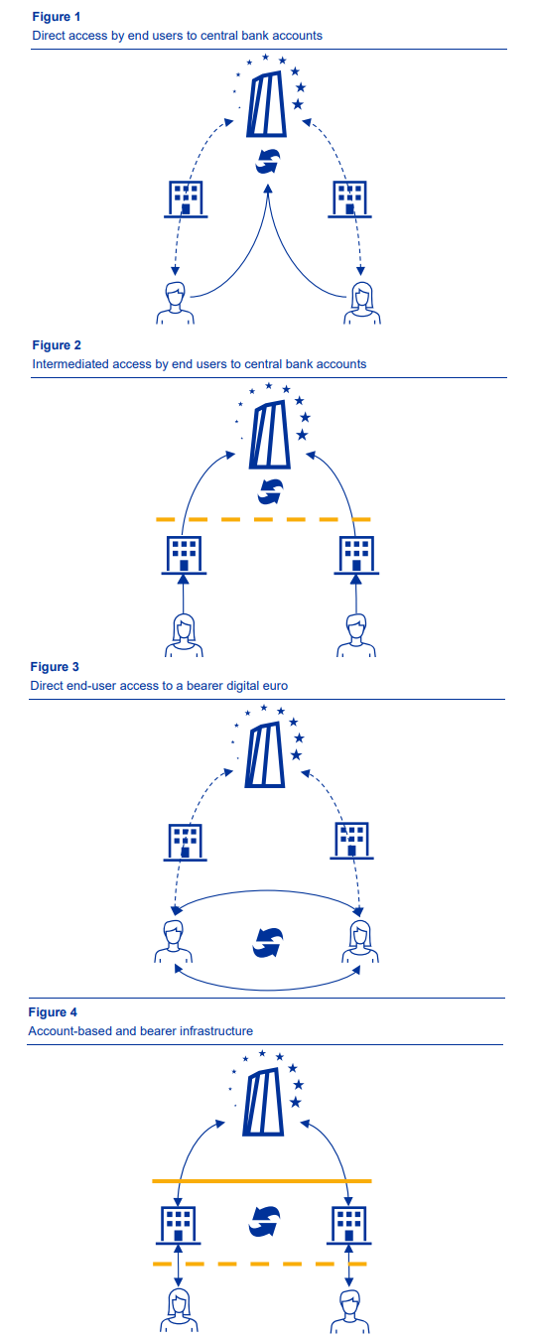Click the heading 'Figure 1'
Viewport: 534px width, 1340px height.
tap(56, 17)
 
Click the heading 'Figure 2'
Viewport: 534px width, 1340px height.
tap(56, 345)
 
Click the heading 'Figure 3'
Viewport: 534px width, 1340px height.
tap(55, 666)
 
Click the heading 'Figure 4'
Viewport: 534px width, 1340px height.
tap(53, 1012)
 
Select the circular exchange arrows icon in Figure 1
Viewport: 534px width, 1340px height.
tap(268, 161)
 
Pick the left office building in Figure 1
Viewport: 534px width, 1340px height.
tap(185, 200)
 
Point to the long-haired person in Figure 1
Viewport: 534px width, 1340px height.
tap(362, 304)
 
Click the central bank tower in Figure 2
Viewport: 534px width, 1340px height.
tap(269, 436)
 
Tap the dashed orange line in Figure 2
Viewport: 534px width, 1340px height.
tap(263, 519)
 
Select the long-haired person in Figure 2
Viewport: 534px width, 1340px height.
tap(184, 636)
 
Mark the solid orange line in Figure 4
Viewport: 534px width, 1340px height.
tap(261, 1181)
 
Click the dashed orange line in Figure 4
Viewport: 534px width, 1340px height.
tap(260, 1264)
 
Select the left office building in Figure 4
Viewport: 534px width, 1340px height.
tap(179, 1225)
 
